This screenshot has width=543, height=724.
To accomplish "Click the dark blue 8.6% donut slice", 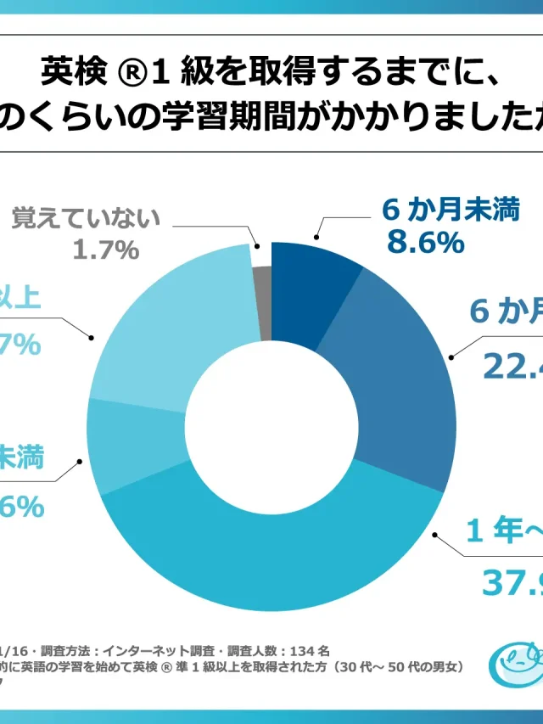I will [x=313, y=288].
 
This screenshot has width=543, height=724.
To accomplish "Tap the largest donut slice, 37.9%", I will [x=280, y=552].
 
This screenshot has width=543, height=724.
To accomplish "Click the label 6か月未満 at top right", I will [x=450, y=210].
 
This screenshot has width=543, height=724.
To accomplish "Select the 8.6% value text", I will [x=426, y=243].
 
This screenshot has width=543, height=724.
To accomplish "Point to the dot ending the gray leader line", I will [x=258, y=245].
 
